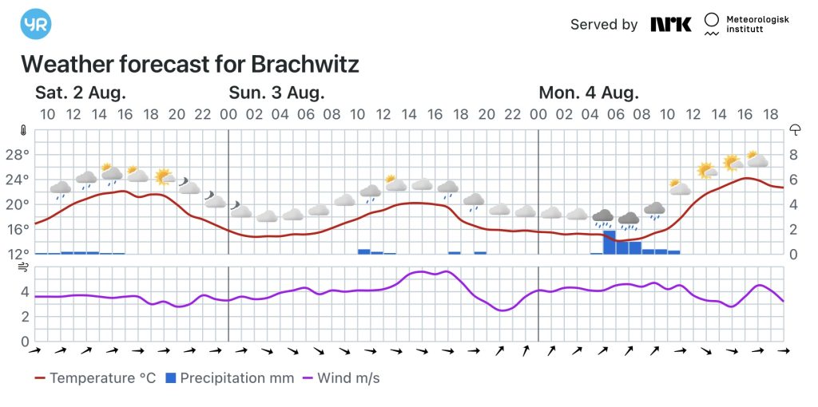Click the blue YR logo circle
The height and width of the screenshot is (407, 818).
coord(36,25)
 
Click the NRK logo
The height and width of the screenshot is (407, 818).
coord(670,24)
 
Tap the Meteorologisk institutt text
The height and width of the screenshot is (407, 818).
coord(756,24)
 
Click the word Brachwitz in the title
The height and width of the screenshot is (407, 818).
coord(304,64)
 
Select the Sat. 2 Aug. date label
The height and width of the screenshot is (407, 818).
coord(81,93)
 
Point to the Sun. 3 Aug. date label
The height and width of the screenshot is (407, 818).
coord(276,93)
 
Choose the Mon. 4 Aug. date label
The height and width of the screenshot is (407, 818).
coord(589,93)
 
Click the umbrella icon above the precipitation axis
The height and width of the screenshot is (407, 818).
coord(795,130)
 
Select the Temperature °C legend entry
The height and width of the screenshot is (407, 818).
coord(95,378)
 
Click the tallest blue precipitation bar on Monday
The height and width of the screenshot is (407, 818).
coord(609,243)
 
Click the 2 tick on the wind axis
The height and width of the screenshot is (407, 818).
coord(25,317)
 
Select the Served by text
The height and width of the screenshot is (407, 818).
coord(604,25)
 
